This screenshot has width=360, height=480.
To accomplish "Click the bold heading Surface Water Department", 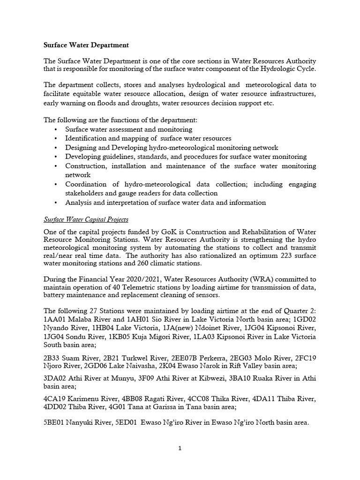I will coord(86,45).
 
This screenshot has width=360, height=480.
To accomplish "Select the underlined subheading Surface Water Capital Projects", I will coord(86,219).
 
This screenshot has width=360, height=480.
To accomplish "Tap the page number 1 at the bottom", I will coord(180,448).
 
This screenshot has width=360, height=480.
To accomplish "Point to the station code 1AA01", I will coord(55,320).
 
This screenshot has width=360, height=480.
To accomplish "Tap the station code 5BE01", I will coord(55,422).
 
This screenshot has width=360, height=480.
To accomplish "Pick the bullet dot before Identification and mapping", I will coord(56,139).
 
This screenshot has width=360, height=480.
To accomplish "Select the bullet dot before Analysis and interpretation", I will coord(56,203).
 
